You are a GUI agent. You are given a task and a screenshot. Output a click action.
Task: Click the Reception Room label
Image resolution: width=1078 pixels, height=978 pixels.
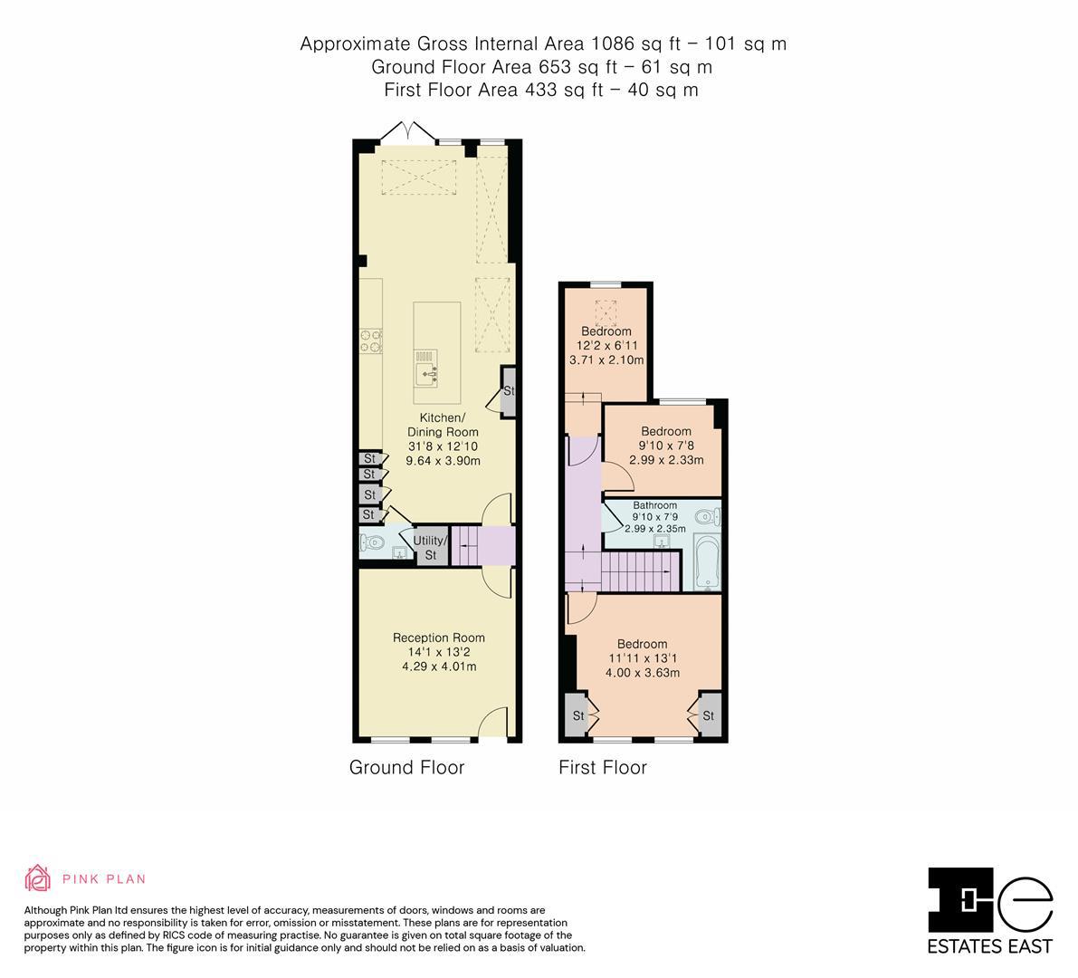(438, 638)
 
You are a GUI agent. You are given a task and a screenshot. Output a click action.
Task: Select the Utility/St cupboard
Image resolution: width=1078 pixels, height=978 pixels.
(431, 547)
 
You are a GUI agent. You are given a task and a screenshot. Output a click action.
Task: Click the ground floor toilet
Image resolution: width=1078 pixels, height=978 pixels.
(371, 544)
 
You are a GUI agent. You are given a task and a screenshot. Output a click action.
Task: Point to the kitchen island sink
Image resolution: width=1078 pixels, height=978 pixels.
(428, 371)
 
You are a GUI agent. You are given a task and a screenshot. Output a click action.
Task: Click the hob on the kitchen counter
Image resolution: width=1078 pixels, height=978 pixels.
(371, 340)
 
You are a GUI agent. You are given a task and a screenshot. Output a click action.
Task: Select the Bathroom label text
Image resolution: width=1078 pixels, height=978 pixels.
(654, 505)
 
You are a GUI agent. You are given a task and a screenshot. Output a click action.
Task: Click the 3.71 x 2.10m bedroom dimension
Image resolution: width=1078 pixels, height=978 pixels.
(606, 360)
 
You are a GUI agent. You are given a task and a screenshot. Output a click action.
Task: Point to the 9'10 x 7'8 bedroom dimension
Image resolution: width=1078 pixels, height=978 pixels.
(665, 446)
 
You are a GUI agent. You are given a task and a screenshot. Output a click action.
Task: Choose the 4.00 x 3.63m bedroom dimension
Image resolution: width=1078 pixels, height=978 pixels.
(643, 673)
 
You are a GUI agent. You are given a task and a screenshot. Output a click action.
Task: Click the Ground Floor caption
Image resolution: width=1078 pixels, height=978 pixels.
(406, 768)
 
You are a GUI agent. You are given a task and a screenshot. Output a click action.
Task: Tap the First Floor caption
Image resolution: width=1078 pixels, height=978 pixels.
(602, 768)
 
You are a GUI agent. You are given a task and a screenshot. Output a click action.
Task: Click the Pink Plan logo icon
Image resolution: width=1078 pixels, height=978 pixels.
(37, 877)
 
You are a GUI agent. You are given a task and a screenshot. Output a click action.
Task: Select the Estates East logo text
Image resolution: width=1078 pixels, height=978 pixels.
(990, 946)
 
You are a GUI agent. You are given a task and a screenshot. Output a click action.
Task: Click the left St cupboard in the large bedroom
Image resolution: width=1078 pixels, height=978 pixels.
(577, 715)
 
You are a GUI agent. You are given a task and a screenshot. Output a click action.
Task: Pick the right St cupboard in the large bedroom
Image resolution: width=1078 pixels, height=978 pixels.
(709, 715)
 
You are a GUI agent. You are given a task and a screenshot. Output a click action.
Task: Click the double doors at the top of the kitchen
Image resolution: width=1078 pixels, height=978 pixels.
(406, 133)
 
